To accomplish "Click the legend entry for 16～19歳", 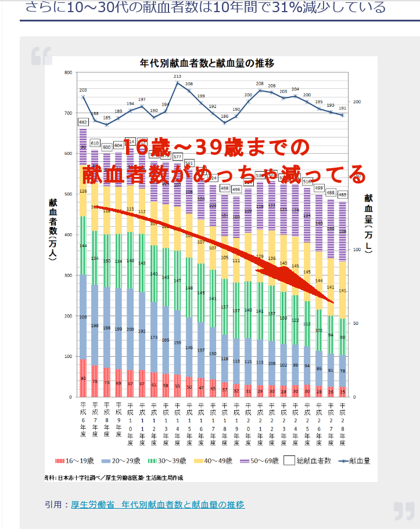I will pos(75,462).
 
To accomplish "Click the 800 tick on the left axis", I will pos(67,73).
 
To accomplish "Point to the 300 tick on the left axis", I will pos(67,276).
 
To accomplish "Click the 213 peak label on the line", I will pos(177,77).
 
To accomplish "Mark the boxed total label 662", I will pos(83,122).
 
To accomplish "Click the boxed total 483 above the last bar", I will pos(342,195).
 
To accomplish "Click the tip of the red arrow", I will pos(335,304).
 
